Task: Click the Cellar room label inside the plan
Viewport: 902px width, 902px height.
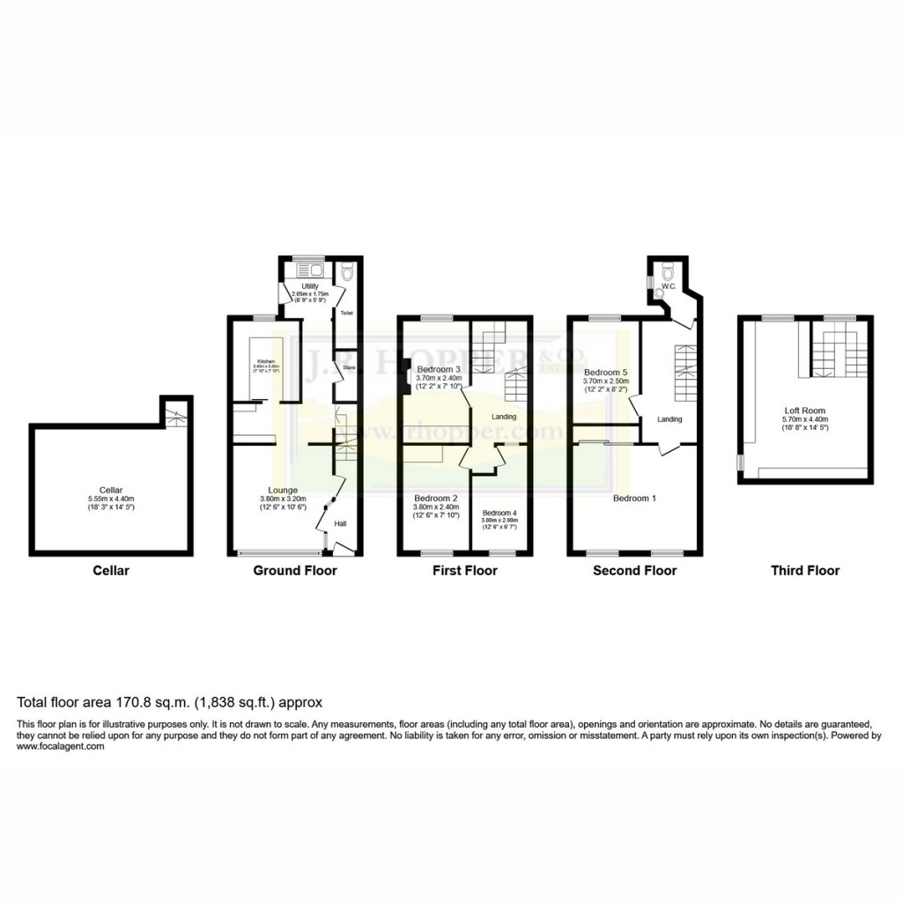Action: point(111,489)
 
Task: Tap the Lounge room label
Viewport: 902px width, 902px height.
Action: point(283,490)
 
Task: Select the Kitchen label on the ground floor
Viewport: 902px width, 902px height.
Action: point(267,362)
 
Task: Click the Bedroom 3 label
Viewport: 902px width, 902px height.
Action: point(439,369)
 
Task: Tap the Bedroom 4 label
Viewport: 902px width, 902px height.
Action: point(499,513)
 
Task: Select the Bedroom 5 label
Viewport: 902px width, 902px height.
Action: point(605,372)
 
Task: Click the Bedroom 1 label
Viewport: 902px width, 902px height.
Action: point(634,498)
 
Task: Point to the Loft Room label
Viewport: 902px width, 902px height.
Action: point(805,410)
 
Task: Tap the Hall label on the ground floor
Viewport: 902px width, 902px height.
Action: point(339,524)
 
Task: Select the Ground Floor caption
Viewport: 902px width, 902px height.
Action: point(295,571)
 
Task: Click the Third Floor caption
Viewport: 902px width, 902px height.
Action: point(805,571)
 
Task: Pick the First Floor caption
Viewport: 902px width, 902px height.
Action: point(464,571)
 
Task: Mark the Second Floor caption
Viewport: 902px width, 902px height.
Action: point(634,571)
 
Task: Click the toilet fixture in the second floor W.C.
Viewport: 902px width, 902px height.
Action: point(667,268)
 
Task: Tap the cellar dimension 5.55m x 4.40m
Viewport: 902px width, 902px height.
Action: point(111,499)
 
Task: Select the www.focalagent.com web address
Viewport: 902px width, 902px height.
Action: point(61,746)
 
